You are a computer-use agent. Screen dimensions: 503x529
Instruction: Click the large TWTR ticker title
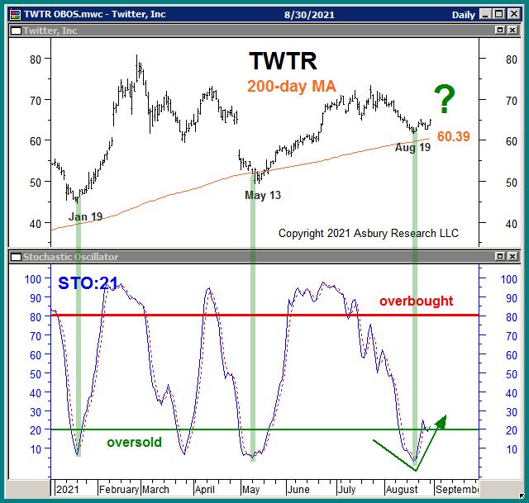point(283,61)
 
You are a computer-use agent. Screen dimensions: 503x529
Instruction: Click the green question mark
point(445,98)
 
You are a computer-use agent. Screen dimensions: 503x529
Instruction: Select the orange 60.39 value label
point(453,136)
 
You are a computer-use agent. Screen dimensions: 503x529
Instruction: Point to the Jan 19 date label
point(85,217)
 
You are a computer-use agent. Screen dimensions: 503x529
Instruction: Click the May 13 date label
point(262,195)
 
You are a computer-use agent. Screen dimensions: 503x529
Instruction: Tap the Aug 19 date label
point(412,148)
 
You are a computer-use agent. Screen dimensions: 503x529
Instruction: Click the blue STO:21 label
point(89,283)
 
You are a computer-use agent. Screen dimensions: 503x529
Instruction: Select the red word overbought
point(416,301)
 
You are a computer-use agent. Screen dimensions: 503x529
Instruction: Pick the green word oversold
point(134,443)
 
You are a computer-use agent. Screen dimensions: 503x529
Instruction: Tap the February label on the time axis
point(118,489)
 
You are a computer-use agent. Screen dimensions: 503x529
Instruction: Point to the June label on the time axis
point(298,489)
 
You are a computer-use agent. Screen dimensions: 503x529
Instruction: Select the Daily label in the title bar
point(463,15)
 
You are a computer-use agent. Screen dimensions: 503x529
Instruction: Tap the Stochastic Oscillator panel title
point(65,257)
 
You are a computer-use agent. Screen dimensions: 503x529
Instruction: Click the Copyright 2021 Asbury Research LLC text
point(368,234)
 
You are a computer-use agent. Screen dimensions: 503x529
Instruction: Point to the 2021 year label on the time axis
point(67,489)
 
